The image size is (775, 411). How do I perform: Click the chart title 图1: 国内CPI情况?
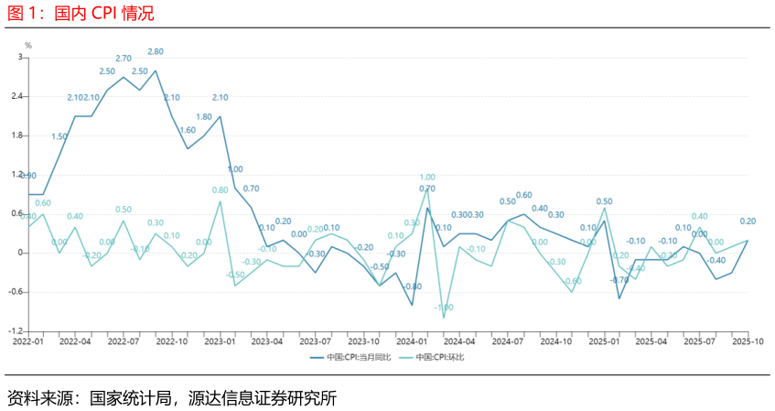[x=81, y=13]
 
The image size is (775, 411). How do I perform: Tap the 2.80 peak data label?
[x=156, y=52]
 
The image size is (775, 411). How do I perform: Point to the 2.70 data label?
[x=124, y=59]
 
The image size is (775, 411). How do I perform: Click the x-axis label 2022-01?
[x=28, y=341]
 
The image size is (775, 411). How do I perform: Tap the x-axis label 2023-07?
[x=316, y=341]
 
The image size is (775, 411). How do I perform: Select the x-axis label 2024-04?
[x=459, y=341]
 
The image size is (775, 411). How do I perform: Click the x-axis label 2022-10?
[x=171, y=341]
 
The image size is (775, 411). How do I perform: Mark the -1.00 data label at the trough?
[x=444, y=308]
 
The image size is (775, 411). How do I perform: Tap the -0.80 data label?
[x=412, y=287]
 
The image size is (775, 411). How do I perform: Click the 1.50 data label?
[x=59, y=136]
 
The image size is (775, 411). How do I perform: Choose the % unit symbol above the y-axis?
[x=28, y=46]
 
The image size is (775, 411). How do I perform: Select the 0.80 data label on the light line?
[x=221, y=190]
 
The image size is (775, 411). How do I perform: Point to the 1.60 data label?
[x=188, y=130]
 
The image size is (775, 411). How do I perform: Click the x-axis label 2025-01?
[x=603, y=341]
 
